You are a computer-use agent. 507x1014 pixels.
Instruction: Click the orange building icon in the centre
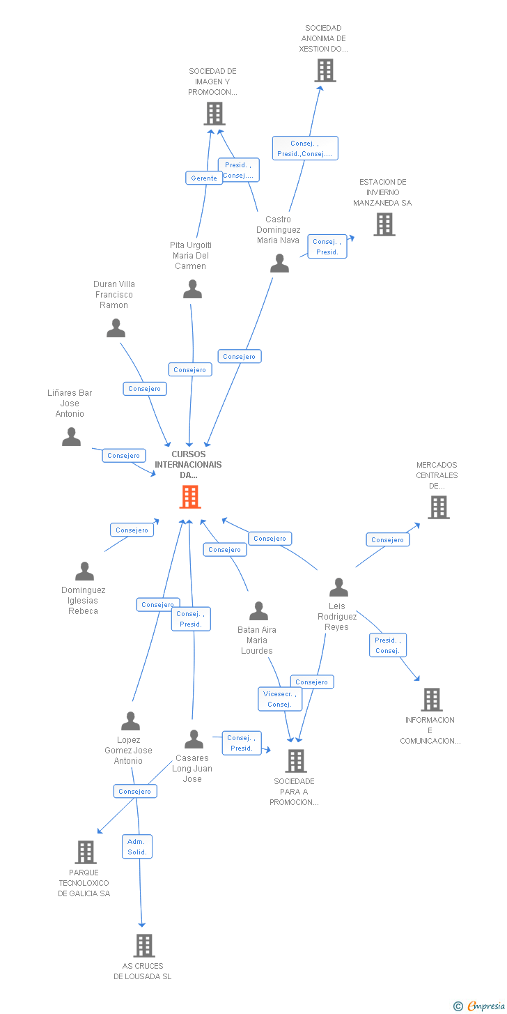[190, 497]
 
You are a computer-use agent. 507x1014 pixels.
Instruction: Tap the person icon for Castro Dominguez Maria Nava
[279, 263]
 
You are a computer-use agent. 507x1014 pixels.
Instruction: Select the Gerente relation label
[204, 178]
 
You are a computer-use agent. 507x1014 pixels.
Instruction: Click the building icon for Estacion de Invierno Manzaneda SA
[384, 224]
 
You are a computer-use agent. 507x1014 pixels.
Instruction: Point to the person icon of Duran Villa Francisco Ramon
[116, 328]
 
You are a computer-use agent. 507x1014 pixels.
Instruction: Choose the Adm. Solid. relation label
[137, 846]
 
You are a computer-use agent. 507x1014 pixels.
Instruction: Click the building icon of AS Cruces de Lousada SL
[144, 946]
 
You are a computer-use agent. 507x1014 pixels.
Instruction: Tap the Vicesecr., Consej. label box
[280, 699]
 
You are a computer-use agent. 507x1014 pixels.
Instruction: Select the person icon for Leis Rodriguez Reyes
[338, 587]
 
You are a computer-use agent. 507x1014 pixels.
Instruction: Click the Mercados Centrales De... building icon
[438, 507]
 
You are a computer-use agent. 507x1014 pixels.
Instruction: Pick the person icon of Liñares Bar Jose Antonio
[71, 437]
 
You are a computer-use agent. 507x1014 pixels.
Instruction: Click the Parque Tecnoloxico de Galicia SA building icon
[85, 852]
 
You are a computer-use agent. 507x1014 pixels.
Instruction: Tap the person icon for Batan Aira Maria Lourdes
[258, 611]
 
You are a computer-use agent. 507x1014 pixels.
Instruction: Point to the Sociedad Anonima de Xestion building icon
[325, 70]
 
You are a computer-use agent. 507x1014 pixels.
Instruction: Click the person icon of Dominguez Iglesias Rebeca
[84, 571]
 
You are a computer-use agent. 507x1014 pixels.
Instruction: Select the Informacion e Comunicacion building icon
[431, 699]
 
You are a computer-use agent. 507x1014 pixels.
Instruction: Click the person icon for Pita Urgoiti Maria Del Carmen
[192, 289]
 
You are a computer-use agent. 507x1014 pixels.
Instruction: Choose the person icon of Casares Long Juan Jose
[194, 739]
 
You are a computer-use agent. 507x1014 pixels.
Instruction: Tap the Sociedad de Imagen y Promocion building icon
[214, 113]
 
